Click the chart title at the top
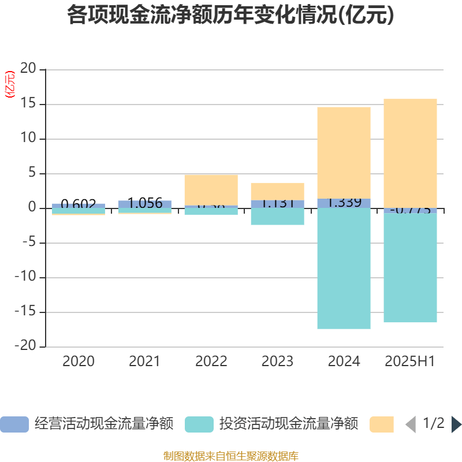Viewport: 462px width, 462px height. point(230,16)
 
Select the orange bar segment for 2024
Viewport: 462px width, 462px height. point(344,152)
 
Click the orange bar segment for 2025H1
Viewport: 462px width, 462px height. point(410,153)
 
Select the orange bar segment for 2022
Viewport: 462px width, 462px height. point(211,189)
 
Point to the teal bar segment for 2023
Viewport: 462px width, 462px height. point(277,217)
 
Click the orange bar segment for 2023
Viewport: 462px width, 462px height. point(277,191)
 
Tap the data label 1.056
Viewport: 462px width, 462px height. point(145,203)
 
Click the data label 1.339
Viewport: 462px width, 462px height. point(344,203)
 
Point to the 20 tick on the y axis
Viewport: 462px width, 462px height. point(28,69)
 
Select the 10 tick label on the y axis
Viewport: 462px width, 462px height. point(28,139)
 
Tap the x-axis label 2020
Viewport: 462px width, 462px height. point(79,362)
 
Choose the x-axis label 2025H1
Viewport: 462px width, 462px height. point(410,362)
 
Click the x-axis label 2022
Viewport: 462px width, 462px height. point(211,362)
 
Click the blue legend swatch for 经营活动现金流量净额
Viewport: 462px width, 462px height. point(14,424)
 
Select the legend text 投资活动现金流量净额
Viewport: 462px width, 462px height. point(289,424)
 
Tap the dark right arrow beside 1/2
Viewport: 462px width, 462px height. point(456,424)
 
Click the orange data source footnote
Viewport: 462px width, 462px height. point(231,456)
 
